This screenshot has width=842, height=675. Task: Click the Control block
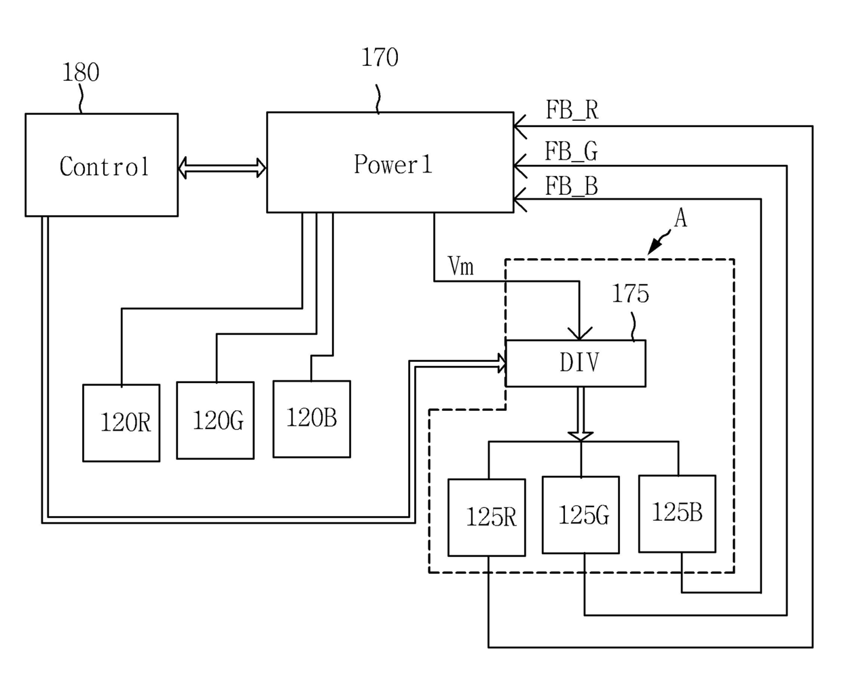[x=102, y=165]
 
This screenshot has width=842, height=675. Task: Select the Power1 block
[x=390, y=162]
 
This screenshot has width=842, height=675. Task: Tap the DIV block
[x=576, y=363]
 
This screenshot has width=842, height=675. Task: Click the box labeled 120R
[x=122, y=422]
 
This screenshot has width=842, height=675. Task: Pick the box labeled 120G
[x=215, y=420]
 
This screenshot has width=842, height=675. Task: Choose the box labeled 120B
[x=312, y=419]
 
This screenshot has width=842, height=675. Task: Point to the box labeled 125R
[x=486, y=517]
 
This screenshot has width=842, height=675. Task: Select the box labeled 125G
[x=581, y=515]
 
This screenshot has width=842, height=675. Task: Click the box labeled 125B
[x=677, y=514]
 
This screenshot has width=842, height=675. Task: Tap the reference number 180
[x=81, y=73]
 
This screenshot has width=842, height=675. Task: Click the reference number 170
[x=380, y=57]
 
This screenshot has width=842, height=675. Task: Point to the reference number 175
[x=630, y=293]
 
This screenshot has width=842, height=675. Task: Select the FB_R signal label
[x=572, y=110]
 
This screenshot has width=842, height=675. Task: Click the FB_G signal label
[x=571, y=151]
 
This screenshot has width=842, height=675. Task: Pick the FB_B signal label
[x=571, y=185]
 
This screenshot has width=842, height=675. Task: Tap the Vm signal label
[x=460, y=266]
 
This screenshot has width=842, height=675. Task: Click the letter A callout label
[x=680, y=218]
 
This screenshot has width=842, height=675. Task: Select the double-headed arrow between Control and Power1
[x=222, y=168]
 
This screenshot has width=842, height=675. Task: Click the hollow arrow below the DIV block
[x=581, y=414]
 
